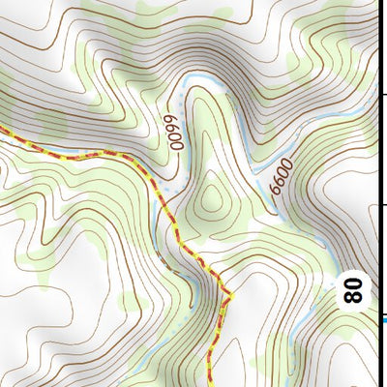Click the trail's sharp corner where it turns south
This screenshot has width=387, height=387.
(x=230, y=292)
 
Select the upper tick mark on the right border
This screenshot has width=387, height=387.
(x=382, y=94)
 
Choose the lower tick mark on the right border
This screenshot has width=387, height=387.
(x=382, y=205)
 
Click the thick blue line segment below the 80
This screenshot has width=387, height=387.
(x=383, y=319)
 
